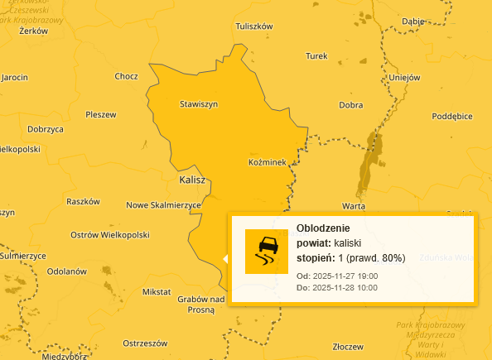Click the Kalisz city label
191,180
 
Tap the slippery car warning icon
267,252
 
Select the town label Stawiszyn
199,104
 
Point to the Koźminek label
267,163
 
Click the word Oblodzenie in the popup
323,228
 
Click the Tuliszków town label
254,26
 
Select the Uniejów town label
405,78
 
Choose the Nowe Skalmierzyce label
163,205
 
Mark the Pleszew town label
100,114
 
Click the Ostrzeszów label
145,343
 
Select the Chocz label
127,76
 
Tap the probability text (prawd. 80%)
377,258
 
